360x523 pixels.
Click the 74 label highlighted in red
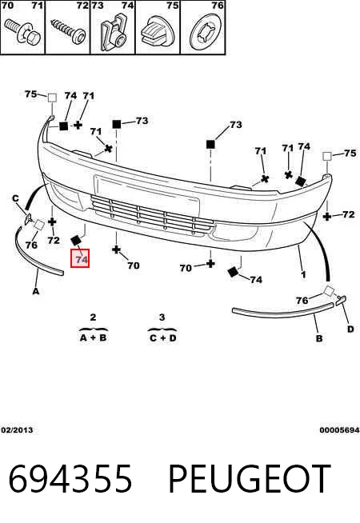(x=80, y=258)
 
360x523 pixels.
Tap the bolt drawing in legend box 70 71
(x=22, y=32)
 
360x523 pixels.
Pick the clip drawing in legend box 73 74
(x=114, y=33)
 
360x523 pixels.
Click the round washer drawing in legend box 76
(x=206, y=32)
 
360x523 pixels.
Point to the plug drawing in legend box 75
(x=158, y=32)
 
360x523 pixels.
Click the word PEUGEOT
(x=250, y=479)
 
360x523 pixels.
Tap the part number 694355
(x=70, y=479)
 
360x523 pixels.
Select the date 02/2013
(x=17, y=430)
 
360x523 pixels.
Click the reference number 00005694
(x=339, y=430)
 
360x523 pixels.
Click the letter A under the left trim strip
(x=36, y=291)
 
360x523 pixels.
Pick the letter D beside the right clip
(x=350, y=329)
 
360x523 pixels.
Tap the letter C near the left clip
(x=16, y=199)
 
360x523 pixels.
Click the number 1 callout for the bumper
(x=303, y=274)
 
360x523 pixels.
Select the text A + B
(x=93, y=337)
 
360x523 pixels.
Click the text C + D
(x=163, y=338)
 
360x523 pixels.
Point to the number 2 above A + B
(x=93, y=317)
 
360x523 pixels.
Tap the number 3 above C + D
(x=162, y=317)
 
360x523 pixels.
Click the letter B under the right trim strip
(x=319, y=338)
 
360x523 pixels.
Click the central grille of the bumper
(x=153, y=215)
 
